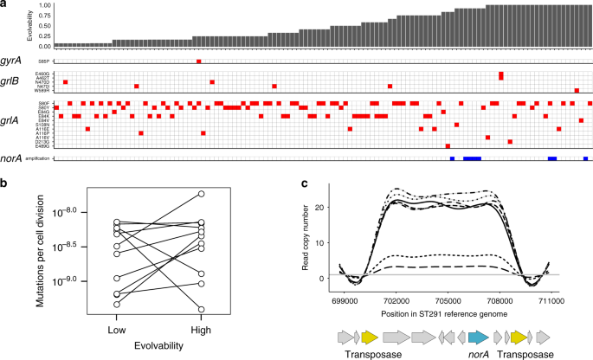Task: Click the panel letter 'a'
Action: click(5, 5)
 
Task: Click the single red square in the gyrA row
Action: click(199, 61)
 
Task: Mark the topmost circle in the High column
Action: click(201, 194)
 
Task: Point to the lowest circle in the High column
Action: click(201, 309)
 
